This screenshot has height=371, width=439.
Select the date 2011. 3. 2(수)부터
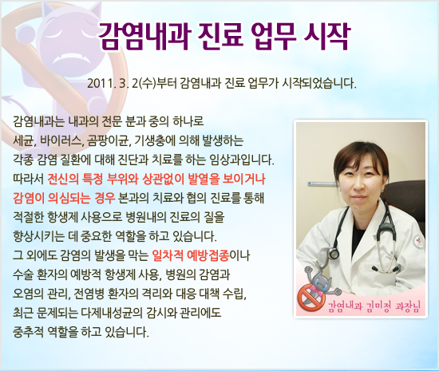click(x=135, y=83)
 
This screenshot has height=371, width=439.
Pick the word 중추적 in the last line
click(x=30, y=331)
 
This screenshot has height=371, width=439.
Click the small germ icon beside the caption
click(x=312, y=314)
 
